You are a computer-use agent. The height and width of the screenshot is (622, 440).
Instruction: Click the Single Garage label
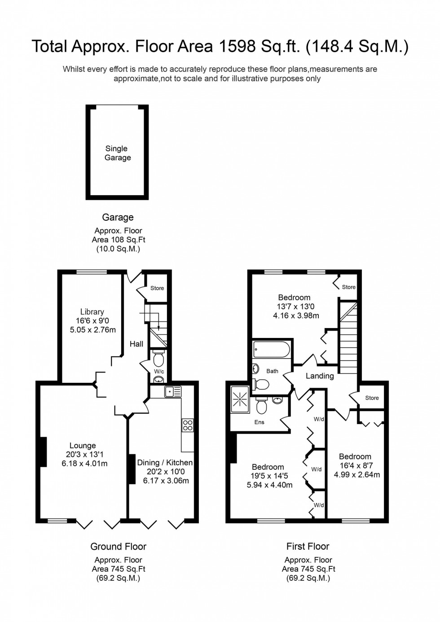coord(117,153)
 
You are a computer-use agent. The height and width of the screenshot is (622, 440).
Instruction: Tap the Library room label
coord(92,312)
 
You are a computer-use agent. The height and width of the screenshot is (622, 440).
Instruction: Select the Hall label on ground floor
coord(136,344)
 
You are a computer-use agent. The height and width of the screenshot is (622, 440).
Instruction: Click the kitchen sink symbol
coord(172,391)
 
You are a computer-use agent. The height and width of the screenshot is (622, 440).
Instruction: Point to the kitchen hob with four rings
coord(188,425)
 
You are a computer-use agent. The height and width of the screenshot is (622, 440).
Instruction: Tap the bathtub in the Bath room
coord(272,349)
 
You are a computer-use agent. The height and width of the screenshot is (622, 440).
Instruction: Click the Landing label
coord(320,376)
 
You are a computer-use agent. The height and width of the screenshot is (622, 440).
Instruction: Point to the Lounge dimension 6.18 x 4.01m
coord(84,464)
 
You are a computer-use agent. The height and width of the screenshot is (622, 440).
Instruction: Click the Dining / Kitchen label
coord(165,463)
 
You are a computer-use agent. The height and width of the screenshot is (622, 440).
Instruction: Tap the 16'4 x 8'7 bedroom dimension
coord(357,466)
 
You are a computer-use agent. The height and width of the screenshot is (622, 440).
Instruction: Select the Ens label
coord(260,422)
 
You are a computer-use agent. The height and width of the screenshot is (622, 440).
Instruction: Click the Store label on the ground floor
coord(157,288)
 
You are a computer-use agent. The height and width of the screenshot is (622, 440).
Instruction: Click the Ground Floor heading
coord(119,547)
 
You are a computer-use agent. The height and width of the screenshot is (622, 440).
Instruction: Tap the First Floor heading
coord(308,547)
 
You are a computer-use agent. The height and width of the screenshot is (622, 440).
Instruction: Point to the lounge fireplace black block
coord(43,451)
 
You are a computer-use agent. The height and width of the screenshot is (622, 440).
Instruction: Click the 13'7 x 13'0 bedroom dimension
coord(295,307)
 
